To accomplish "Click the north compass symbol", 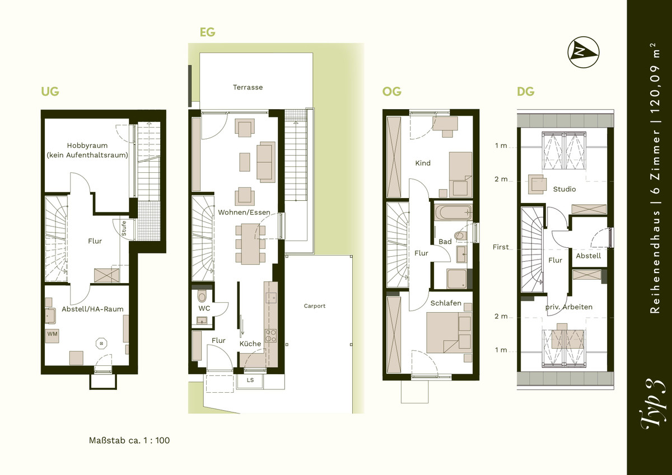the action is pos(583,52).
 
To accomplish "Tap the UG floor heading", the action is pos(50,91).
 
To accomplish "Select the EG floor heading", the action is pos(207,32).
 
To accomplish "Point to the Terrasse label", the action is pos(248,87).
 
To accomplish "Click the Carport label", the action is pos(314,305).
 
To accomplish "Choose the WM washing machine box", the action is pos(52,336).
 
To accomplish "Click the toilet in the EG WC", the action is pos(202,295).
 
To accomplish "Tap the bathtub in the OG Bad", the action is pos(453,212).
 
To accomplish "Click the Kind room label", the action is pos(423,163).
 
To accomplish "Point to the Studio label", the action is pos(564,189).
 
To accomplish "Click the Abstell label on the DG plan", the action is pos(589,256).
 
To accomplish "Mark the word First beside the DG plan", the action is pos(501,247).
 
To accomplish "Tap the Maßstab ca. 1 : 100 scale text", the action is pos(129,440).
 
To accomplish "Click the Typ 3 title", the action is pos(652,405).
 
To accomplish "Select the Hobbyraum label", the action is pos(87,145).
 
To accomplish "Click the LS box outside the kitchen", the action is pos(250,380).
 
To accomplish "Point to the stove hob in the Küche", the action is pos(271,335).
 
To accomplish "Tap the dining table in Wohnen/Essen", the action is pos(251,244).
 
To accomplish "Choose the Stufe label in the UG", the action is pos(124,228).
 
